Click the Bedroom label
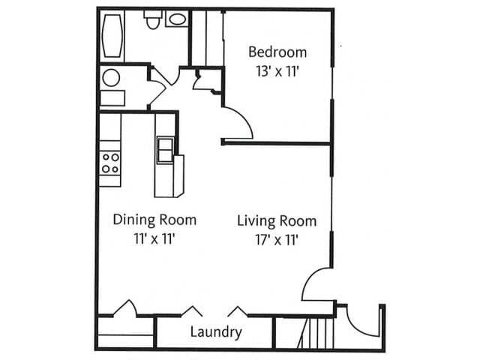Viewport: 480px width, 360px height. click(277, 52)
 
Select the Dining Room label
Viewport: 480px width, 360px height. click(154, 220)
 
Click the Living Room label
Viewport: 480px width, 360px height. click(277, 221)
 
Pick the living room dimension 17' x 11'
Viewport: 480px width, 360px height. click(277, 240)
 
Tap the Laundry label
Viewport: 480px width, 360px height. click(215, 332)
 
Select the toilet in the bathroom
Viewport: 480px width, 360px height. click(153, 19)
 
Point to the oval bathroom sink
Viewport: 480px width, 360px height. click(178, 19)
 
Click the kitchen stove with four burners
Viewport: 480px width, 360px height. click(111, 163)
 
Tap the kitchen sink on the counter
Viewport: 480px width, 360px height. click(165, 150)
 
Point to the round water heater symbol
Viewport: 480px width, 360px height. click(111, 77)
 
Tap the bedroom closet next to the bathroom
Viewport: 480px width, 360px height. click(206, 37)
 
